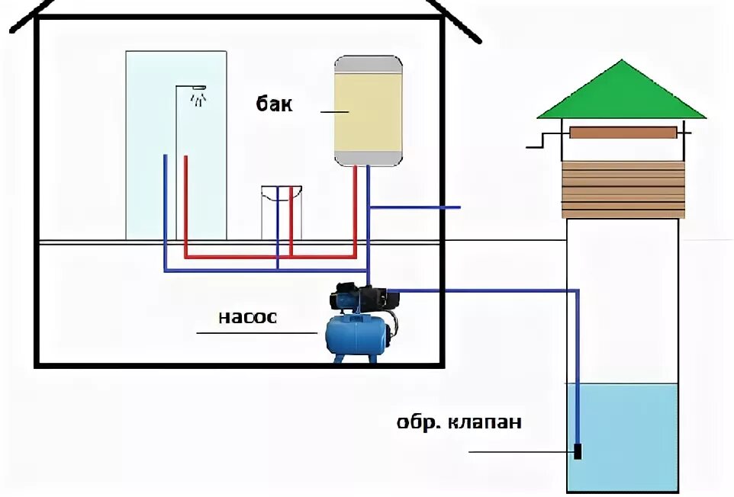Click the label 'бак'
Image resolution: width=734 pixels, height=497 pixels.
click(x=274, y=104)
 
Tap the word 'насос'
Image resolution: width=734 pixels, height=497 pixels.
click(x=247, y=317)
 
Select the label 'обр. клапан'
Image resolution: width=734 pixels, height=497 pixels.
click(x=459, y=422)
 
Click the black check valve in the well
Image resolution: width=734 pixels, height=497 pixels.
click(x=578, y=451)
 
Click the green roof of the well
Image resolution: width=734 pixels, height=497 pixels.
click(x=621, y=95)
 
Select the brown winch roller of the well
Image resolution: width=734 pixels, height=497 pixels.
click(x=623, y=133)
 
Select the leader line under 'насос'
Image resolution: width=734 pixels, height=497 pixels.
click(x=256, y=333)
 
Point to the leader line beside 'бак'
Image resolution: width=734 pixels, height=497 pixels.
click(x=334, y=112)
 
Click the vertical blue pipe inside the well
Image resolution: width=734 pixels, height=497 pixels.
click(x=578, y=366)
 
